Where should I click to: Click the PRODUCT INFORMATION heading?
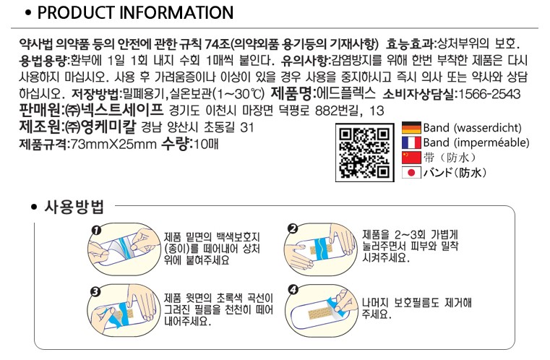[x=135, y=13]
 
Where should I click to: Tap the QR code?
[x=364, y=150]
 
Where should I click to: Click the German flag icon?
[x=411, y=128]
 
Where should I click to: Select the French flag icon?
[x=411, y=142]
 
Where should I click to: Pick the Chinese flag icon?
[x=411, y=157]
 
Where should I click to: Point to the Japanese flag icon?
[x=411, y=172]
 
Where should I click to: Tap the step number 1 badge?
[x=95, y=230]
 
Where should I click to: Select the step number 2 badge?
[x=292, y=229]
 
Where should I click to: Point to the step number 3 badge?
[x=95, y=293]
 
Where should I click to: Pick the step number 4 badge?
[x=292, y=291]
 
